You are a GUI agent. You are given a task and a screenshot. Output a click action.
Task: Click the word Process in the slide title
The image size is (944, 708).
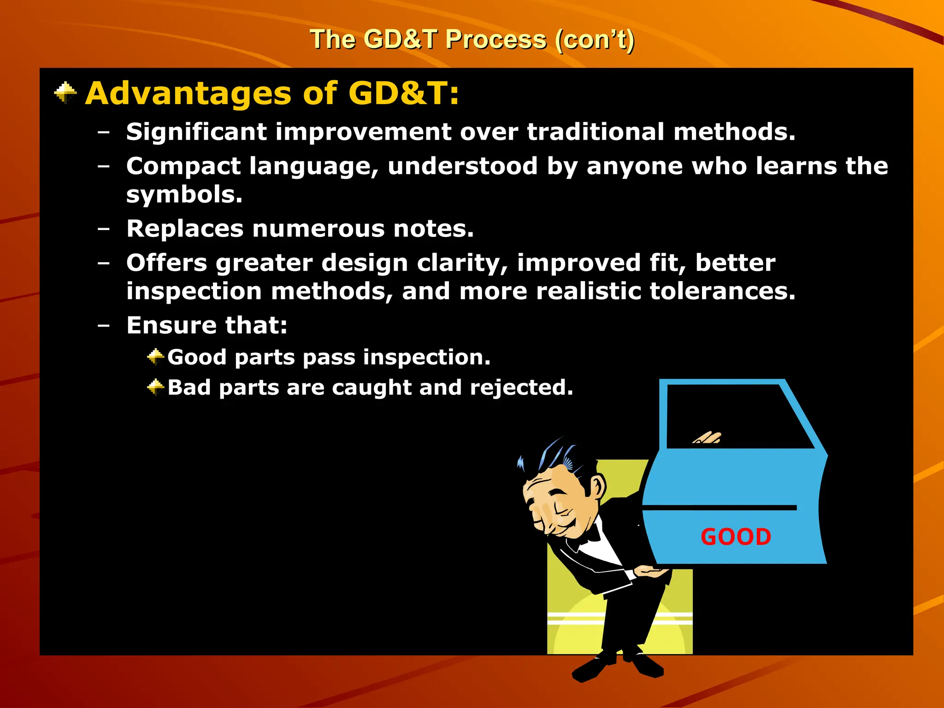[x=496, y=40]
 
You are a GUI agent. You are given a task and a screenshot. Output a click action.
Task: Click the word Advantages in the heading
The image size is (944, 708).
[x=188, y=94]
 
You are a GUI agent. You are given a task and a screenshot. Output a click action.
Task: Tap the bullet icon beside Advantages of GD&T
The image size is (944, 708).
[x=65, y=93]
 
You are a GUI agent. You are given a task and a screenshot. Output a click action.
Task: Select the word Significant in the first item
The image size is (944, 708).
[x=197, y=132]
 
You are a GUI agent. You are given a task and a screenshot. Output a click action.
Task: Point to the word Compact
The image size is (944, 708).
[x=183, y=166]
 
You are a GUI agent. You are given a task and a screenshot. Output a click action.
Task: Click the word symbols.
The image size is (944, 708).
[x=184, y=195]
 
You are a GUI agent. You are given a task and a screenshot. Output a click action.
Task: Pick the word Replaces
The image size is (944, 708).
[x=185, y=229]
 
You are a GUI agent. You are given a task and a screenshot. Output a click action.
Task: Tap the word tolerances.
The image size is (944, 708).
[x=722, y=291]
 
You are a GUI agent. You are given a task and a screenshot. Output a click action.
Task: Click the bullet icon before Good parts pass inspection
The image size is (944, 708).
[x=155, y=357]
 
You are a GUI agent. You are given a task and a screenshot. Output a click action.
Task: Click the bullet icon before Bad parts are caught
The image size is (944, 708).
[x=155, y=387]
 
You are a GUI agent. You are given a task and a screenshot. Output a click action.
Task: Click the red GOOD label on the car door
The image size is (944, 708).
[x=736, y=537]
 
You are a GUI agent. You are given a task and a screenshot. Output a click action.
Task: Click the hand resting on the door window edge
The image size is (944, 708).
[x=708, y=438]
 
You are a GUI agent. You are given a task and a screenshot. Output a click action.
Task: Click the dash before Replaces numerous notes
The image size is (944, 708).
[x=104, y=229]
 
